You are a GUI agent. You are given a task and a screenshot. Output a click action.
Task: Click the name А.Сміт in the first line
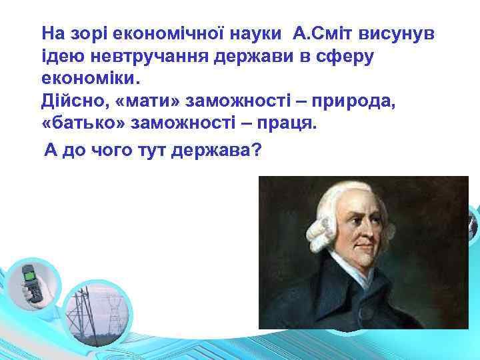(x=319, y=33)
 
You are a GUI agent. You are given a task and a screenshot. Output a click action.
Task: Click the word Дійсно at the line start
(x=69, y=103)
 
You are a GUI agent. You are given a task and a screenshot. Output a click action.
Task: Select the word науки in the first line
(x=250, y=33)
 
